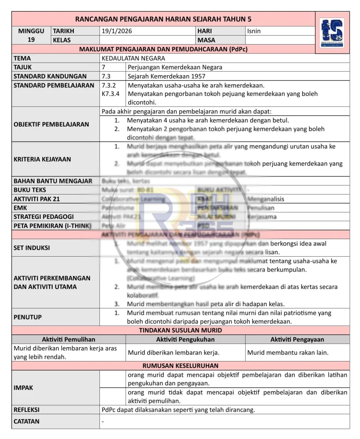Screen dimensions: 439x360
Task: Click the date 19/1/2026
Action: (117, 32)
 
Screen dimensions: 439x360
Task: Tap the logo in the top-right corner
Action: (332, 33)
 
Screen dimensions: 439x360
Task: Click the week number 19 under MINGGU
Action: (31, 40)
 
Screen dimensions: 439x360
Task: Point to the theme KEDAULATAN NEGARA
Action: (133, 58)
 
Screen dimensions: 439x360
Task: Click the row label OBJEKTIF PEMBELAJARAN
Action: (51, 124)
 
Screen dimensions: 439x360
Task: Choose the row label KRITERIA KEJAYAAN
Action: (42, 159)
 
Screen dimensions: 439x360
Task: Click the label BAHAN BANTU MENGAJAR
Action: (53, 181)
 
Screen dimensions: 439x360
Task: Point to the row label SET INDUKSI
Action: (32, 248)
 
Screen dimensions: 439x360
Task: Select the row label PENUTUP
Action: (27, 317)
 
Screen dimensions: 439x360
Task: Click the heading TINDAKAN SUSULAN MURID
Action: (180, 330)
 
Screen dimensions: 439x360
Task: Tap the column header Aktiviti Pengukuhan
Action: (185, 339)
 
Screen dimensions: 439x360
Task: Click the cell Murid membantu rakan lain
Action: (288, 353)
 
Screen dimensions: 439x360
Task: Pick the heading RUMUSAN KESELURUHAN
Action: (180, 366)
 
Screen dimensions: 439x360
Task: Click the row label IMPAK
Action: (23, 387)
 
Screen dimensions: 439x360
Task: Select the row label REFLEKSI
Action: (27, 410)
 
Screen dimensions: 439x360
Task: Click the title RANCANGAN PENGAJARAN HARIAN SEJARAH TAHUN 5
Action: (163, 19)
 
